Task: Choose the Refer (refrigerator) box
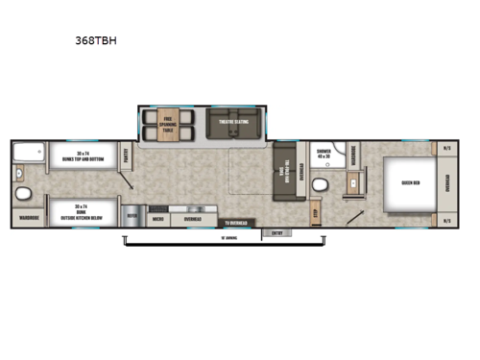(x=132, y=217)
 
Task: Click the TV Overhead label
(x=236, y=224)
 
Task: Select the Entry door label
(x=279, y=231)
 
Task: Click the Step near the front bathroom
(x=315, y=210)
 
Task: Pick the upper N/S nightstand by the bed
(x=445, y=148)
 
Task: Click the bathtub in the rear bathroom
(x=30, y=152)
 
